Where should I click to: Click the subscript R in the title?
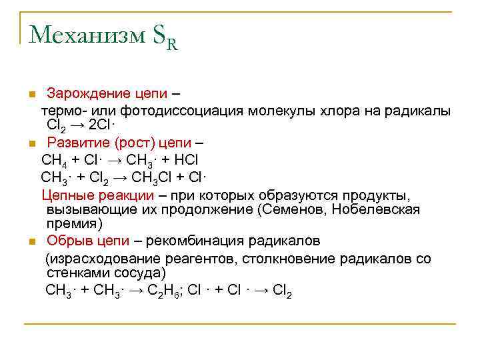(171, 45)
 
